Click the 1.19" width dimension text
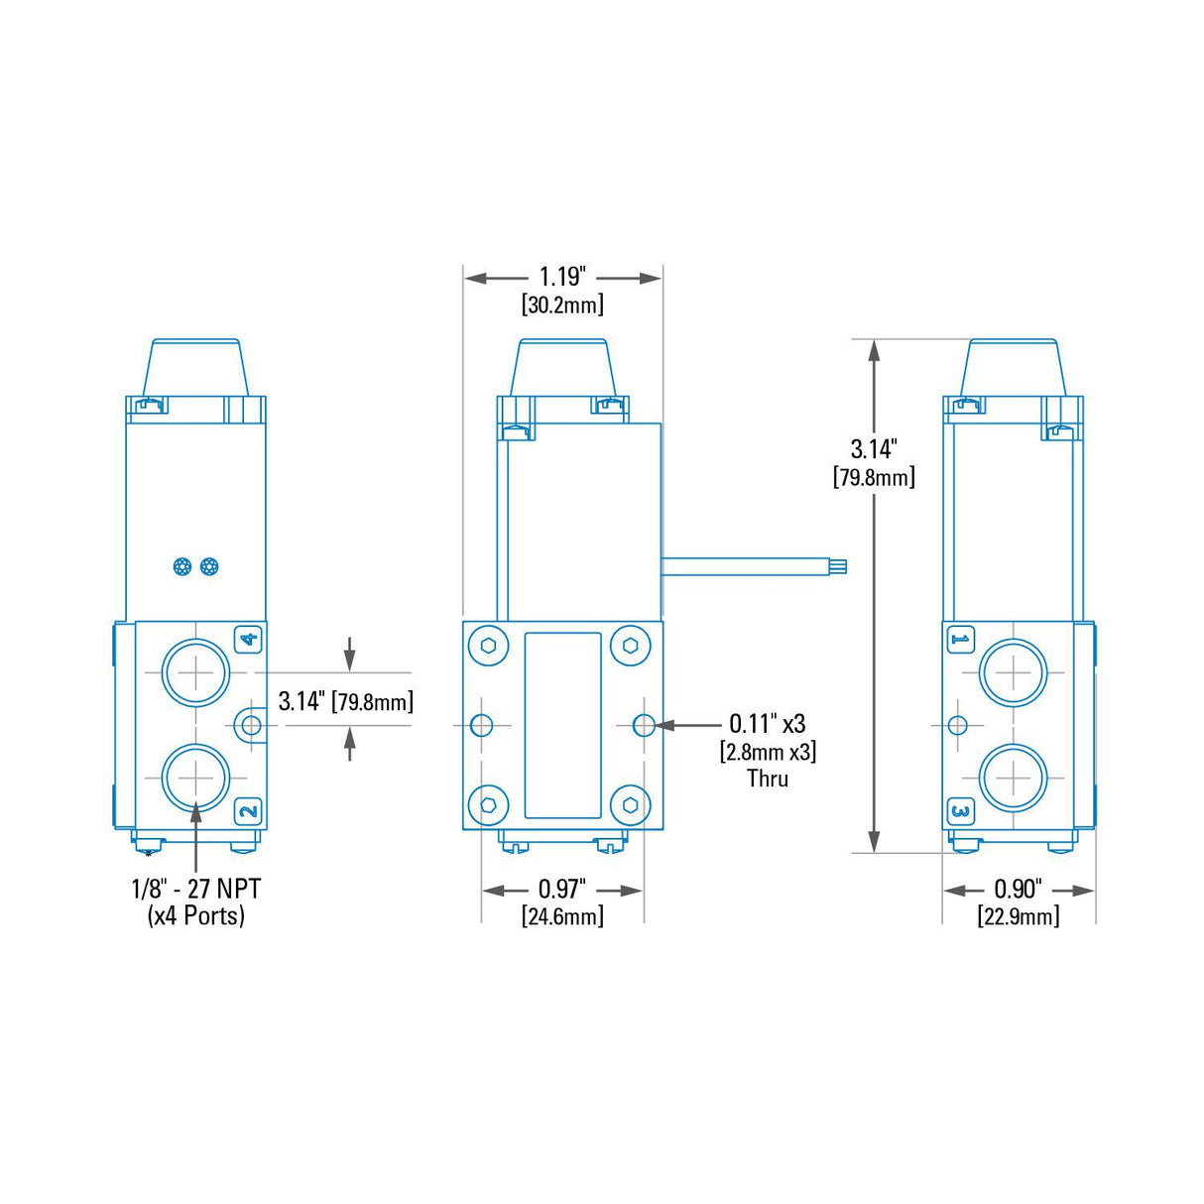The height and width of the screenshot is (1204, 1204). [x=562, y=277]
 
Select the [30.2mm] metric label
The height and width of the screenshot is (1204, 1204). [x=562, y=304]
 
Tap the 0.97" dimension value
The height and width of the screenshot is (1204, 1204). [x=562, y=889]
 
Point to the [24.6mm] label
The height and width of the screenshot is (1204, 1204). [x=562, y=916]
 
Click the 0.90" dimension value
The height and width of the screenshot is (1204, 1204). [x=1018, y=889]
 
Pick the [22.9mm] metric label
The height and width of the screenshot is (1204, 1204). [x=1018, y=916]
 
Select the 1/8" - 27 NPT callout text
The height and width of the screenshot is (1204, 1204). [x=196, y=888]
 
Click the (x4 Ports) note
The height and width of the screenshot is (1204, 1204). [x=196, y=915]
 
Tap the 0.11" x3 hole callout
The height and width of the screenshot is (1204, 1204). [x=768, y=724]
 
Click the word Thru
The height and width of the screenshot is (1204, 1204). [x=768, y=779]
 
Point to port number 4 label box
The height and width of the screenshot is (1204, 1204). [x=248, y=640]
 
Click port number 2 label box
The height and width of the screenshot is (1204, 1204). [x=248, y=811]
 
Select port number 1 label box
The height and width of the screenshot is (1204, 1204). [x=959, y=640]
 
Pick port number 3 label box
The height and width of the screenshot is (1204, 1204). [x=959, y=811]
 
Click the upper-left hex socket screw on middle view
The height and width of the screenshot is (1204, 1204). [x=488, y=645]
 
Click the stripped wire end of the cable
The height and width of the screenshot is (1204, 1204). [x=838, y=567]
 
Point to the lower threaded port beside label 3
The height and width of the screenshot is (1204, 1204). [x=1014, y=778]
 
